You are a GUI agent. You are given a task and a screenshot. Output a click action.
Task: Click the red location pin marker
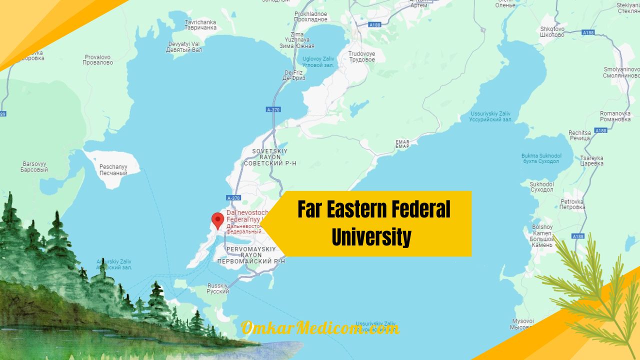point(217,220)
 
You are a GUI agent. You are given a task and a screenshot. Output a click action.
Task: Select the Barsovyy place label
point(34,167)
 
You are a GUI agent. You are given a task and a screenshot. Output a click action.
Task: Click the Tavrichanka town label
point(200,25)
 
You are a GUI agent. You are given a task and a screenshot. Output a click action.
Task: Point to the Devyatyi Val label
point(184,47)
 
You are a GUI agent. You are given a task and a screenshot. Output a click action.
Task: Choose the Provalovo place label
point(98,60)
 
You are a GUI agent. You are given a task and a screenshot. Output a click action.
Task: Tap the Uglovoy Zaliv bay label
point(318,62)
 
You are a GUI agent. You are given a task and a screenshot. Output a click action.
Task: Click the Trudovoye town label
point(361,56)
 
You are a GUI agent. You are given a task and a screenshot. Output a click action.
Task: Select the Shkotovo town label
point(552,32)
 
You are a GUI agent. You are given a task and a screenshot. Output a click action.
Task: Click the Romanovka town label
point(615,116)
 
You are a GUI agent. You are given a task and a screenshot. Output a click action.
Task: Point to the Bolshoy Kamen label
point(542,236)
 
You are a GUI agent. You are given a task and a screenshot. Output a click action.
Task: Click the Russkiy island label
point(218,289)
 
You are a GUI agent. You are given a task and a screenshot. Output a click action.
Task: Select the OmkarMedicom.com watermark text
point(320,328)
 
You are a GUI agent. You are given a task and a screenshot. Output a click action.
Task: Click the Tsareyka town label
point(592,160)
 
